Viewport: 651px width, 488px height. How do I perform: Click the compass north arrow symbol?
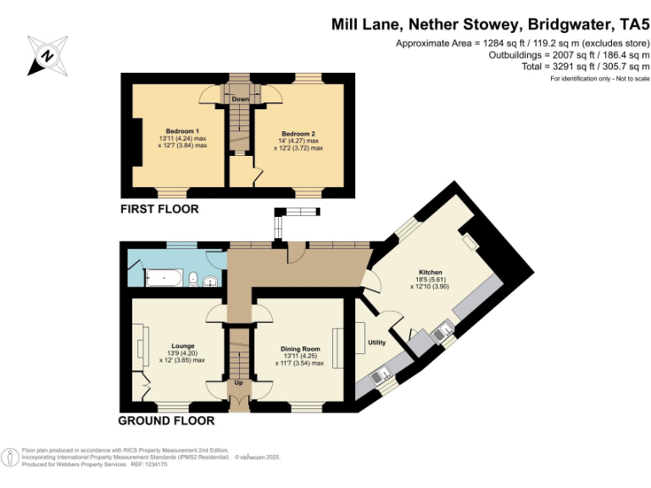point(48,56)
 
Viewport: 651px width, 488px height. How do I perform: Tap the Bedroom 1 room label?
point(182,130)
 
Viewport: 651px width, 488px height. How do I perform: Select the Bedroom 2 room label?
point(298,134)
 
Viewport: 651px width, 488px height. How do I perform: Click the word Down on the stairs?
point(240,98)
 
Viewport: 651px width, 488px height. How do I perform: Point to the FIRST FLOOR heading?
point(159,209)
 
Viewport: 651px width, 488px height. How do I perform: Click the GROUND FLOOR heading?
point(166,420)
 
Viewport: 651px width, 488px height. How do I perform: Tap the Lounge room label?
point(183,346)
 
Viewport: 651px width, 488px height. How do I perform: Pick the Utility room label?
point(376,343)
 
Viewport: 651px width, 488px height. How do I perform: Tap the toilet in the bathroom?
point(193,277)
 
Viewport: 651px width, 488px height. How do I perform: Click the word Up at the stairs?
point(239,382)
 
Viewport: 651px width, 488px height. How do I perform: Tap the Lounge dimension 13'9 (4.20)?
point(182,353)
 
